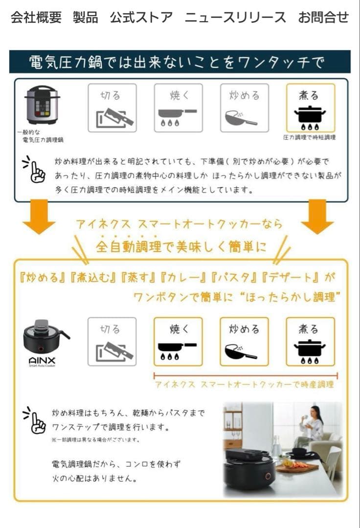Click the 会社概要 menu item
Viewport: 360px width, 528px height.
pyautogui.click(x=36, y=18)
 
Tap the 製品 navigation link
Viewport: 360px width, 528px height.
pyautogui.click(x=85, y=18)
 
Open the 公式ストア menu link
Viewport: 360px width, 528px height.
pyautogui.click(x=141, y=18)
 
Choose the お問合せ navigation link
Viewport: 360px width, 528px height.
pyautogui.click(x=323, y=18)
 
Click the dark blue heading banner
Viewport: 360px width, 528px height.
pyautogui.click(x=180, y=62)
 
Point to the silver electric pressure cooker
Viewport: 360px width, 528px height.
pyautogui.click(x=42, y=105)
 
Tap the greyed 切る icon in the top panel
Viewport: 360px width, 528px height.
pyautogui.click(x=112, y=108)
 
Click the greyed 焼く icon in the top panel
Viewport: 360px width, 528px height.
pyautogui.click(x=178, y=108)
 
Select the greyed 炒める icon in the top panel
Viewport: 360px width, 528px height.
pyautogui.click(x=244, y=108)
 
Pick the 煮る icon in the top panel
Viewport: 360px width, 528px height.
pyautogui.click(x=310, y=108)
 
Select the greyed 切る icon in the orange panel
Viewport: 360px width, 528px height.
pyautogui.click(x=112, y=342)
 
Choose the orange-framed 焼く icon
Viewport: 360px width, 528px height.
pyautogui.click(x=178, y=342)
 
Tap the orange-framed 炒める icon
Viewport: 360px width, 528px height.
pyautogui.click(x=244, y=342)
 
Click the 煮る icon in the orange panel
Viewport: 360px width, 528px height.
pyautogui.click(x=310, y=342)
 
